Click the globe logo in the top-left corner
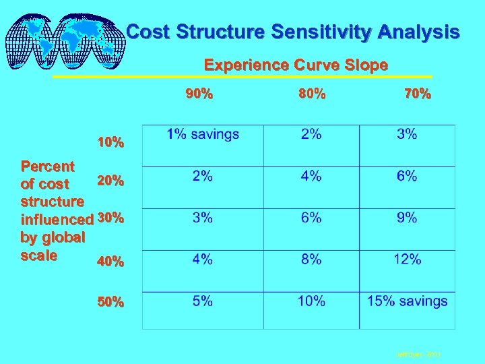pyautogui.click(x=65, y=38)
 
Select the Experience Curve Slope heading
pyautogui.click(x=296, y=65)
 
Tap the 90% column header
pyautogui.click(x=199, y=95)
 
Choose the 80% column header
pyautogui.click(x=312, y=95)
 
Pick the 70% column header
pyautogui.click(x=417, y=95)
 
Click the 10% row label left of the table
pyautogui.click(x=110, y=143)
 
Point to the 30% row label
pyautogui.click(x=111, y=218)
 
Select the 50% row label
pyautogui.click(x=110, y=303)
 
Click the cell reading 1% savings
pyautogui.click(x=203, y=135)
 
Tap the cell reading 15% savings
pyautogui.click(x=407, y=301)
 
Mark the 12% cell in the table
pyautogui.click(x=407, y=260)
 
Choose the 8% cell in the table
pyautogui.click(x=311, y=260)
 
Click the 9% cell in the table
pyautogui.click(x=407, y=218)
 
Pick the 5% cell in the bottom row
pyautogui.click(x=203, y=301)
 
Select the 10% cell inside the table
pyautogui.click(x=311, y=301)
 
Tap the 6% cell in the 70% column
pyautogui.click(x=407, y=177)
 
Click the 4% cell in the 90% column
pyautogui.click(x=203, y=260)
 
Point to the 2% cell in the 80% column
pyautogui.click(x=311, y=135)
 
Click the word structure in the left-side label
pyautogui.click(x=53, y=202)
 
